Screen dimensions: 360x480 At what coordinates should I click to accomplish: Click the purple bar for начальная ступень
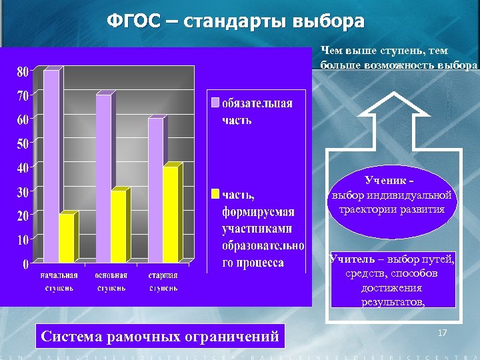point(51,167)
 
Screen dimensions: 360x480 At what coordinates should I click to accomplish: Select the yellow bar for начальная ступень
point(67,238)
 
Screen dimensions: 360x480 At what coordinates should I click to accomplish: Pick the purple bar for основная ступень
point(103,179)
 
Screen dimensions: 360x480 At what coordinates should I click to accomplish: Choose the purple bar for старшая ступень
point(155,190)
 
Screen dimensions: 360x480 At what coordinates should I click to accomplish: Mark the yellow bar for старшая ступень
point(171,214)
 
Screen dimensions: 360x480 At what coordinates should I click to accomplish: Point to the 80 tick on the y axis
point(22,71)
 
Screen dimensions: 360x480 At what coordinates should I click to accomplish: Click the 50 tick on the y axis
point(22,143)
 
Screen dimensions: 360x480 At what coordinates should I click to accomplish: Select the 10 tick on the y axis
point(22,239)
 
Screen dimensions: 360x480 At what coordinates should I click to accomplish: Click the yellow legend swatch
point(215,194)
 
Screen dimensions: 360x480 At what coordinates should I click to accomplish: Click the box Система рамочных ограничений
point(160,336)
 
